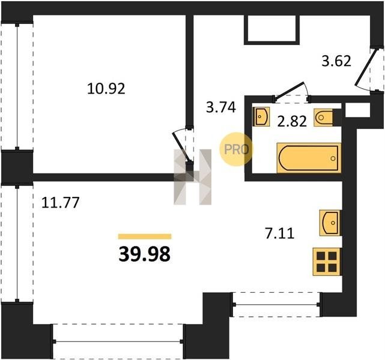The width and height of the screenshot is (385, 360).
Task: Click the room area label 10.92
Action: [x=106, y=89]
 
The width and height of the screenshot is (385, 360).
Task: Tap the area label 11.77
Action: [x=61, y=203]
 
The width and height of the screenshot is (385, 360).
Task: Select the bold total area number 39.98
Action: [x=144, y=254]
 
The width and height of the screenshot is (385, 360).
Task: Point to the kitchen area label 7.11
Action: [x=279, y=233]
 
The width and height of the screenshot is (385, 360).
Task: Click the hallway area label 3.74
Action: [x=221, y=107]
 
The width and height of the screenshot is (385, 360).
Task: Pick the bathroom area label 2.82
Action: [x=292, y=121]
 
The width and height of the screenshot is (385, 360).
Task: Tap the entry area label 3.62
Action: [x=336, y=61]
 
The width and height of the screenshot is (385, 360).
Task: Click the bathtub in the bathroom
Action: [x=309, y=158]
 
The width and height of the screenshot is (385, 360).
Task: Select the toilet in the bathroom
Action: [x=323, y=118]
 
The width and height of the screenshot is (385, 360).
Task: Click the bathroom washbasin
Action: [x=261, y=116]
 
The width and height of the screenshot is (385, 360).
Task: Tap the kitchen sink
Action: [x=330, y=223]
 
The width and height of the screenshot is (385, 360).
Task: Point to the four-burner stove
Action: [x=327, y=262]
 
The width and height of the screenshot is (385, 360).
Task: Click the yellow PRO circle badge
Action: [x=236, y=149]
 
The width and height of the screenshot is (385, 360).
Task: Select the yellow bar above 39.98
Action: [x=145, y=236]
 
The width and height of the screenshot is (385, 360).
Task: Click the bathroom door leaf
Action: [x=290, y=91]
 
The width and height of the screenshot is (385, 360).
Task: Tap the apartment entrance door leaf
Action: [x=366, y=67]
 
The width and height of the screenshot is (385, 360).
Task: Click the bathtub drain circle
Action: [x=333, y=158]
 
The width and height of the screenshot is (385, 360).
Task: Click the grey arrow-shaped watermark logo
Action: [x=192, y=177]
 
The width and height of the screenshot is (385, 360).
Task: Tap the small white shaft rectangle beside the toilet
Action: [x=357, y=110]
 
